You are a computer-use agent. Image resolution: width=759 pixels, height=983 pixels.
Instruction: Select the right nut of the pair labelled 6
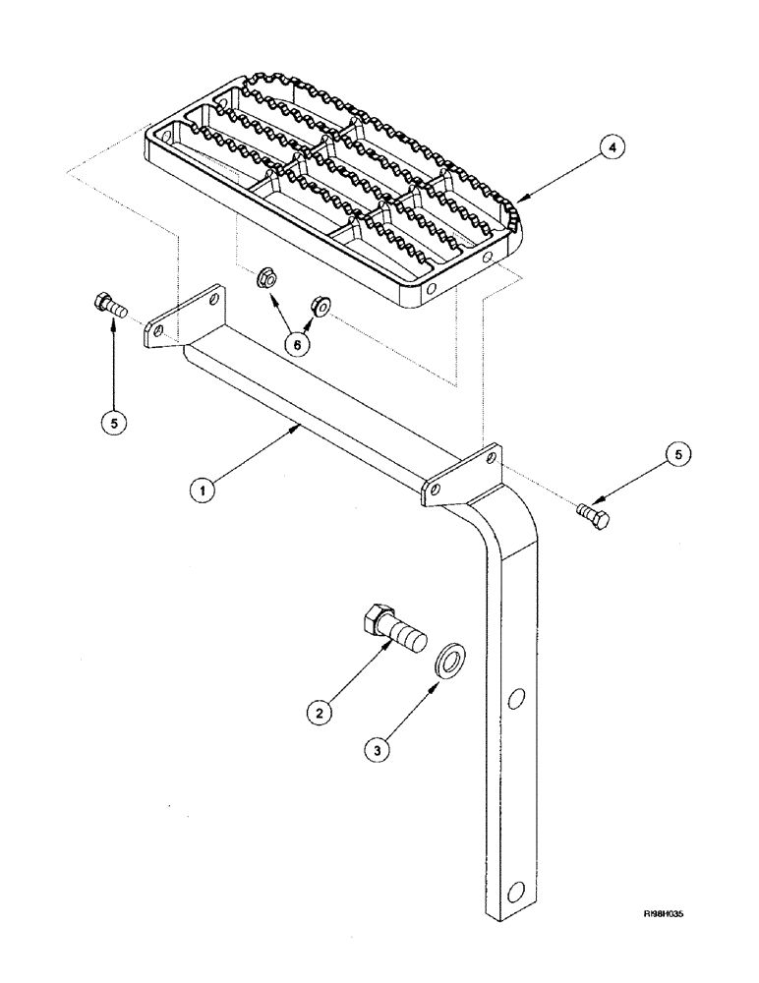[x=319, y=305]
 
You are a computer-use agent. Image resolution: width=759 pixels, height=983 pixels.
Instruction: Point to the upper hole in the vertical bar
[x=513, y=700]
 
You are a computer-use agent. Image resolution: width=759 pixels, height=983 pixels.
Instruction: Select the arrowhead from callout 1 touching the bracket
[x=295, y=429]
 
